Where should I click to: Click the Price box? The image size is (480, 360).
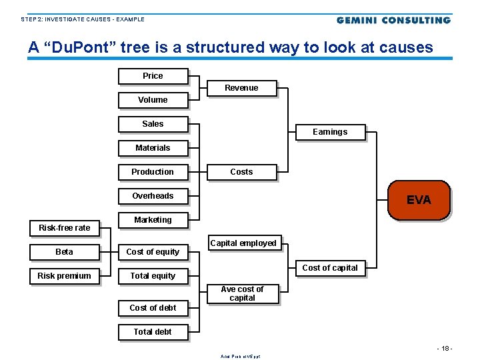(153, 76)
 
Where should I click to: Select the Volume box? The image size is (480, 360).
(153, 100)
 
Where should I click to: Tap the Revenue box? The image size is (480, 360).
(241, 88)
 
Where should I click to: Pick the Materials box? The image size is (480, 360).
(153, 148)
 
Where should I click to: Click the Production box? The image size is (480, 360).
(153, 172)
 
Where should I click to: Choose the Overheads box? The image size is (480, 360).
(153, 196)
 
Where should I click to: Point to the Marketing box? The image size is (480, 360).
(153, 220)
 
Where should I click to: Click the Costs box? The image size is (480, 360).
(241, 172)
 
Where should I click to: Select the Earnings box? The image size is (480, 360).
(330, 132)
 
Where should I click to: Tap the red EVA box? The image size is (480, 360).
(419, 200)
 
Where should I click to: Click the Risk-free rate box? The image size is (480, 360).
(64, 228)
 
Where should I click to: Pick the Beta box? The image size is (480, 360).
(64, 252)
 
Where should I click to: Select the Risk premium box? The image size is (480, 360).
(64, 276)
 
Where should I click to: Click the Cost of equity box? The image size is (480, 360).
(153, 252)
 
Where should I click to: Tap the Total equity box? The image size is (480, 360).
(153, 276)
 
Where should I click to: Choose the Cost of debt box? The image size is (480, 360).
(153, 308)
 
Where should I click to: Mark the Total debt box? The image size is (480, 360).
(153, 332)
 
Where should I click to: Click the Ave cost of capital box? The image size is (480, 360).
(242, 294)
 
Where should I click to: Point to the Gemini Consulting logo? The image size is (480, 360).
(393, 20)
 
